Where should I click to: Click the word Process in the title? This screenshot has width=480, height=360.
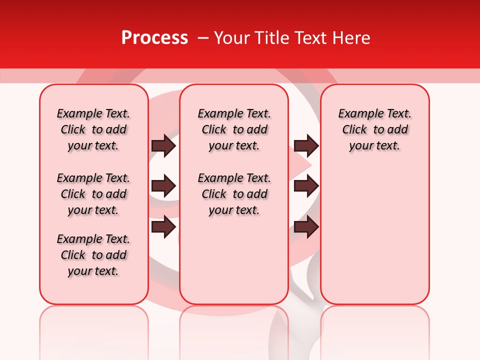coord(154,38)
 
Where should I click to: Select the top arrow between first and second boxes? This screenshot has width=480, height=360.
coord(163,145)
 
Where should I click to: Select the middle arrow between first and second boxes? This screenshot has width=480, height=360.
coord(163,186)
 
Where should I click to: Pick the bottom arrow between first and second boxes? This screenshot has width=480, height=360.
coord(163,227)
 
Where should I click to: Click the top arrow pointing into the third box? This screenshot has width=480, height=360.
coord(306,145)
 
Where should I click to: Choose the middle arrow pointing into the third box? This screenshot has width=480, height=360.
coord(306,186)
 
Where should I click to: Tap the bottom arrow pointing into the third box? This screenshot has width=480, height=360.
coord(306,227)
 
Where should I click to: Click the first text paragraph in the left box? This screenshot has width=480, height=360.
coord(93,129)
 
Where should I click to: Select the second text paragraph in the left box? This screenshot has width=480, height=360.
coord(93,194)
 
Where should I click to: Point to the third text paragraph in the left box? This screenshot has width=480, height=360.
coord(93,255)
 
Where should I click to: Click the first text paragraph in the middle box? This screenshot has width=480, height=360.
coord(234,129)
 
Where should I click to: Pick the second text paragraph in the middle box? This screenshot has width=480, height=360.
coord(234,194)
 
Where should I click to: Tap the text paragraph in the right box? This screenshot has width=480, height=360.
coord(374,129)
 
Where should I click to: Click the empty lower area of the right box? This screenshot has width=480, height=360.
coord(374,235)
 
